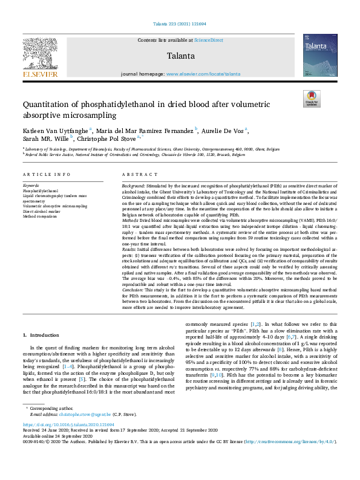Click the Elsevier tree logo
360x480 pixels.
point(41,54)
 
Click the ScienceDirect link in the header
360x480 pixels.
point(208,39)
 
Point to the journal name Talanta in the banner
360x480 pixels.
point(180,56)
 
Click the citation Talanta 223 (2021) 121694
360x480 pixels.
point(180,25)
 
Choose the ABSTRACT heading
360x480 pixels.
point(137,174)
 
